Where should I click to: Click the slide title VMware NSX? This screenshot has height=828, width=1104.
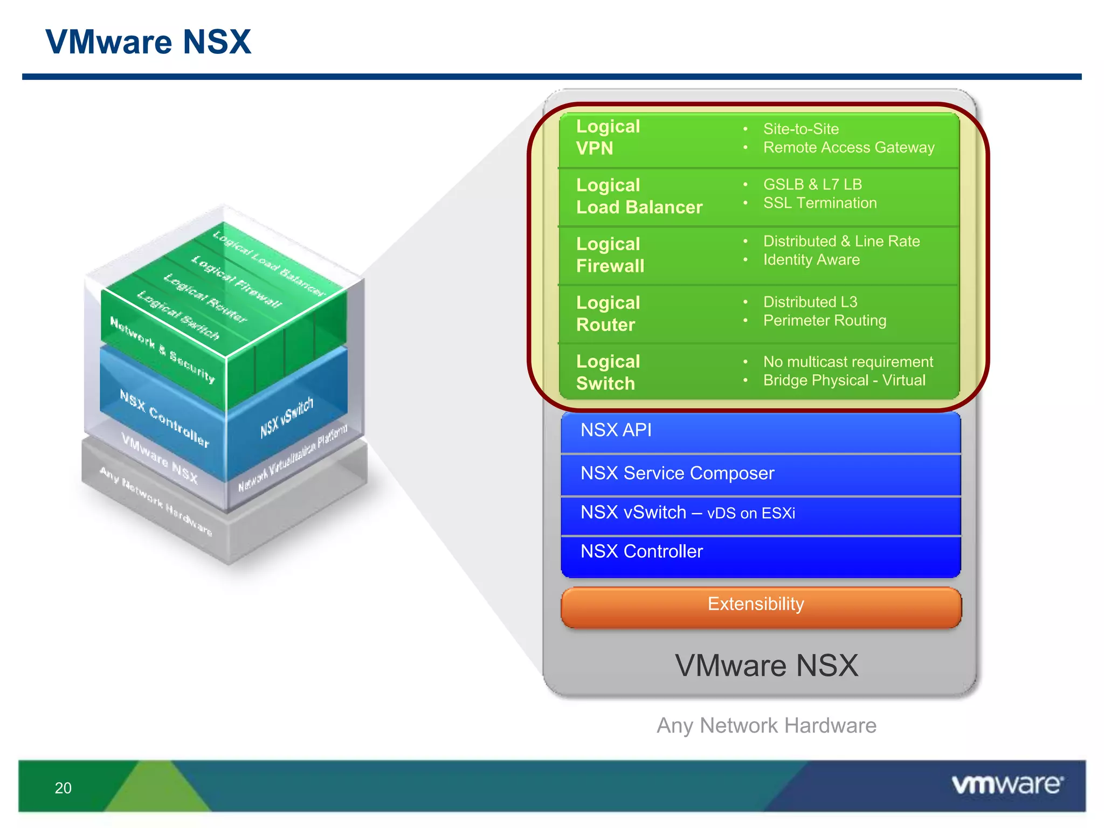click(x=148, y=42)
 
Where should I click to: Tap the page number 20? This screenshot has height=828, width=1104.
click(x=63, y=788)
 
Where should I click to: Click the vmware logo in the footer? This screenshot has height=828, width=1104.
click(x=1008, y=784)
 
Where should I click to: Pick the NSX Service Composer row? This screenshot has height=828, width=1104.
click(x=761, y=474)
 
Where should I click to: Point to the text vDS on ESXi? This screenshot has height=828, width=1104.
click(x=750, y=513)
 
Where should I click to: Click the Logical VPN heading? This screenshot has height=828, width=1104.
click(x=608, y=137)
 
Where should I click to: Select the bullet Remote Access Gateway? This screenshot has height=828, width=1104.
click(x=848, y=148)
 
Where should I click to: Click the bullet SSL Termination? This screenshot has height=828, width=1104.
click(x=819, y=203)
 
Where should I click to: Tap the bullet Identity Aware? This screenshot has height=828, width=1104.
click(x=811, y=260)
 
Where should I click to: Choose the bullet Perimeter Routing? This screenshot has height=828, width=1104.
click(x=824, y=321)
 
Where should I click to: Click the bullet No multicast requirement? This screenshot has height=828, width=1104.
click(x=847, y=362)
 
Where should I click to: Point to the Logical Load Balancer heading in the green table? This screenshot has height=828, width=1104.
click(x=639, y=196)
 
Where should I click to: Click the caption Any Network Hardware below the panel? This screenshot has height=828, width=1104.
click(x=766, y=726)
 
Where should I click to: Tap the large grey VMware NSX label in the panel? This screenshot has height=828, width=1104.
click(x=766, y=666)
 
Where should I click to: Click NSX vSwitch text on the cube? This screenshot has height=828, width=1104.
click(x=287, y=417)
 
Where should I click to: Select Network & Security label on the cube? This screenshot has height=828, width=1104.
click(x=162, y=349)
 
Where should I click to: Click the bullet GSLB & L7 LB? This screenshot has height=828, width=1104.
click(x=812, y=184)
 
